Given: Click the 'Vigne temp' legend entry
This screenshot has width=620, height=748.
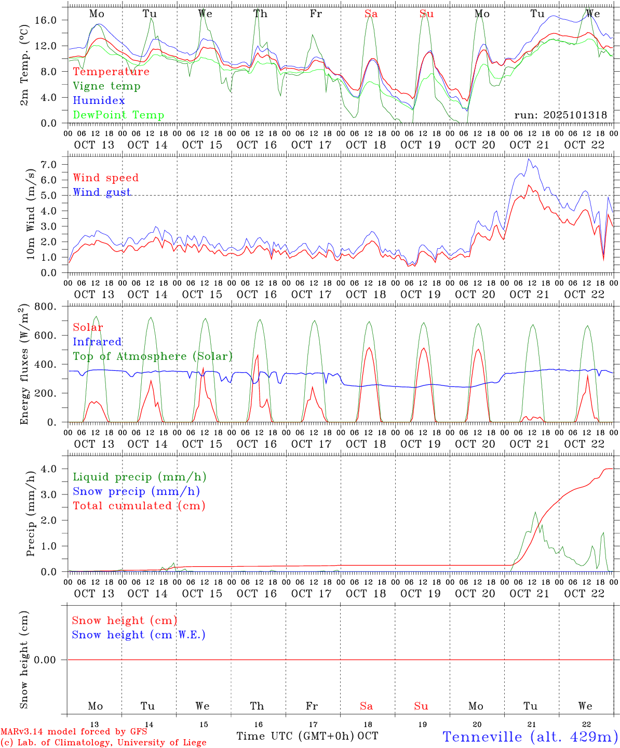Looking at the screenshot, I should pyautogui.click(x=106, y=86).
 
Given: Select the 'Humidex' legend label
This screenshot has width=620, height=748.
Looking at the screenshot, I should pyautogui.click(x=99, y=101).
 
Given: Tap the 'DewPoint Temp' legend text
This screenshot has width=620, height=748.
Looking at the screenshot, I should pyautogui.click(x=118, y=115).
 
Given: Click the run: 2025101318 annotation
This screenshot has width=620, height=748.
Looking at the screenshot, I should pyautogui.click(x=560, y=115).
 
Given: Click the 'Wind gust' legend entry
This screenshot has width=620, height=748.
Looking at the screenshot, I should pyautogui.click(x=102, y=192).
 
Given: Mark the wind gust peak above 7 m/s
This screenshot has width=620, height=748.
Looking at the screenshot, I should pyautogui.click(x=529, y=159).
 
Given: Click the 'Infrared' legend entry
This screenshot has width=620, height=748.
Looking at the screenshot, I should pyautogui.click(x=97, y=342).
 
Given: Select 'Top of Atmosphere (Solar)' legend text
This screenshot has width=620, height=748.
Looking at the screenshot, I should pyautogui.click(x=153, y=356).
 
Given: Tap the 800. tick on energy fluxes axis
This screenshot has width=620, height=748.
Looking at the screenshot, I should pyautogui.click(x=47, y=306).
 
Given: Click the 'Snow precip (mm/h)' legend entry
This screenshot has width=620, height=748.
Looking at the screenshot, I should pyautogui.click(x=136, y=491).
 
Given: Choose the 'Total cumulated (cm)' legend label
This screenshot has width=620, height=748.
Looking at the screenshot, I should pyautogui.click(x=139, y=506).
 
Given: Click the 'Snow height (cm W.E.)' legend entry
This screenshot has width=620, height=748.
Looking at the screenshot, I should pyautogui.click(x=139, y=635).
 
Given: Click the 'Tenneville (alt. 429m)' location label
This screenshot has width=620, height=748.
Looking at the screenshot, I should pyautogui.click(x=530, y=737).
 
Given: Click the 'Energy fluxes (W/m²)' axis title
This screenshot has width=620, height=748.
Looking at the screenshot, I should pyautogui.click(x=24, y=365).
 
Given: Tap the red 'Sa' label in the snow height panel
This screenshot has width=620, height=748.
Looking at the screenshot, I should pyautogui.click(x=366, y=706).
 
